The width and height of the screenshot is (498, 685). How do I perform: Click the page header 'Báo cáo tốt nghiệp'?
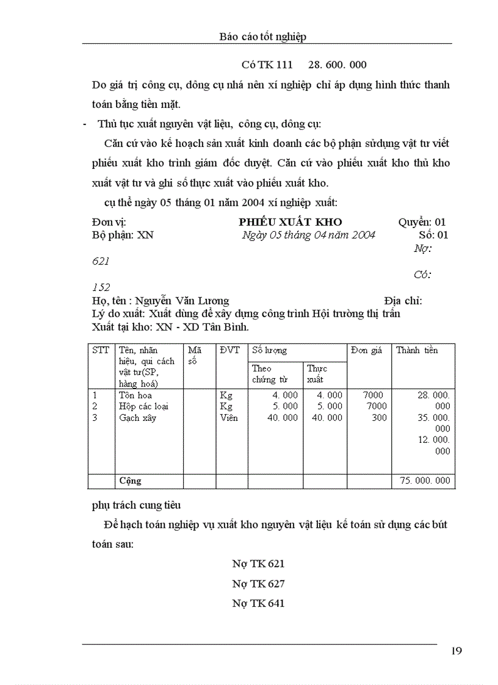tap(262, 37)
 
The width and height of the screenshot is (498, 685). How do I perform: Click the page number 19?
tap(457, 650)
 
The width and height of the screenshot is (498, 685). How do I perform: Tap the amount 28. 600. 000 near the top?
tap(337, 65)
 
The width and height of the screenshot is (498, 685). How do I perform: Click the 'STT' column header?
tap(101, 350)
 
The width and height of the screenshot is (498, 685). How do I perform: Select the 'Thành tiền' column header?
tap(417, 350)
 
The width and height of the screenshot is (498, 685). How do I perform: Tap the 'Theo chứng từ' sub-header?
tap(269, 374)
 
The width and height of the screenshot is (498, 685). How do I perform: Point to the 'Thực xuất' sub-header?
tap(317, 374)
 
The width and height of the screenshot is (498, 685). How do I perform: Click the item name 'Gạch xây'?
tap(137, 418)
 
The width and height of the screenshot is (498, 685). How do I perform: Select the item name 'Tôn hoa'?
tap(135, 395)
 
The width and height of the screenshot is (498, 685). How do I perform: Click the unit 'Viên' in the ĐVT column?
tap(229, 418)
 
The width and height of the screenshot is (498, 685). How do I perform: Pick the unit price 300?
tap(379, 418)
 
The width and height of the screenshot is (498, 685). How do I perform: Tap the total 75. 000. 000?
tap(425, 481)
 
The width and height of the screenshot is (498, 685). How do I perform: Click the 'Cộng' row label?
tap(130, 481)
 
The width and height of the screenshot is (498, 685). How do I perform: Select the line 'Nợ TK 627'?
tap(258, 584)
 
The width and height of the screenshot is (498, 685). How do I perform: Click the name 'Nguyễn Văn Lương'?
tap(182, 301)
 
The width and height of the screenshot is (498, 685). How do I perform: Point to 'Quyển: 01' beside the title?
tap(422, 222)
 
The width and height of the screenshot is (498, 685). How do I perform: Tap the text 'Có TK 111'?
tap(267, 65)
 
